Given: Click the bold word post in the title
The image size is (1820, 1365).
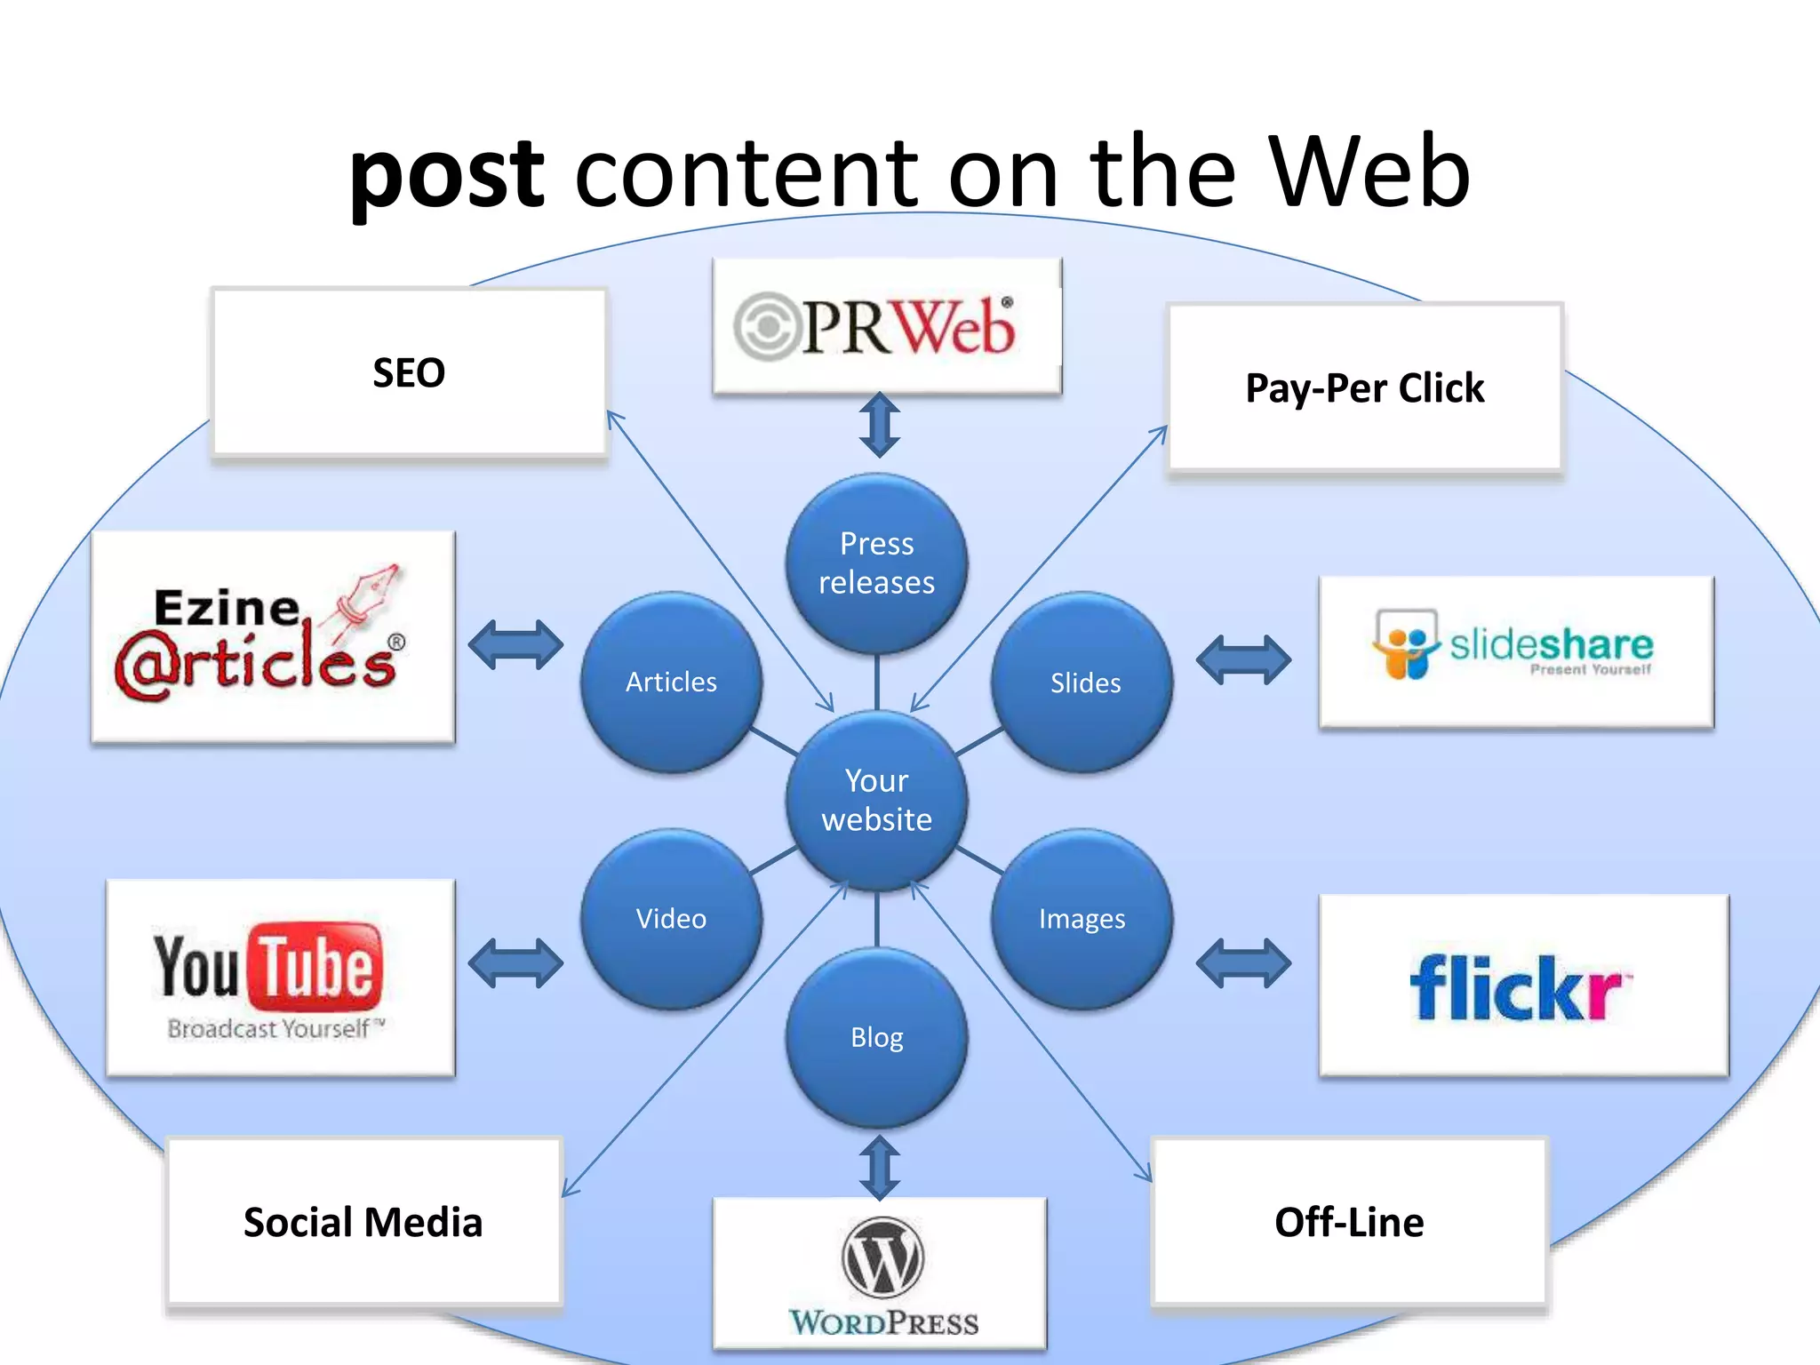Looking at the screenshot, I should point(446,173).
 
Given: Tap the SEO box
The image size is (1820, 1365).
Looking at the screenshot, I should point(409,372).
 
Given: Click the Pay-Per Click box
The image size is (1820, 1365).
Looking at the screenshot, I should point(1364,387).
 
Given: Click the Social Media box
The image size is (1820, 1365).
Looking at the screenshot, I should point(363,1222).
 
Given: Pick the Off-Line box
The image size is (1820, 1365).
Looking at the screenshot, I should point(1349,1222).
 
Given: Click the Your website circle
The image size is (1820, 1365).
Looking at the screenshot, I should point(877,800).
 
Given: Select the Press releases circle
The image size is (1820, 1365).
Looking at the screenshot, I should point(877,563).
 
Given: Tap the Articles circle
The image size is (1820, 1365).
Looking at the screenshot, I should point(672,682).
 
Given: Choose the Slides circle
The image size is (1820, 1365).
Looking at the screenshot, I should point(1083,682).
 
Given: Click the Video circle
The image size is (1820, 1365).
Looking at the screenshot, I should point(672,919).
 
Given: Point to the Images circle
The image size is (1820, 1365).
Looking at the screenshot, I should point(1082,919).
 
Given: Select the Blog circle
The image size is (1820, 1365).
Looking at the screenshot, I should point(877,1037).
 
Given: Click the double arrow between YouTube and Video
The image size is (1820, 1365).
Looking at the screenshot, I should point(515,963).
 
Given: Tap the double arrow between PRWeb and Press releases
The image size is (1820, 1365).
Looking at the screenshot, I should point(880,425).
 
